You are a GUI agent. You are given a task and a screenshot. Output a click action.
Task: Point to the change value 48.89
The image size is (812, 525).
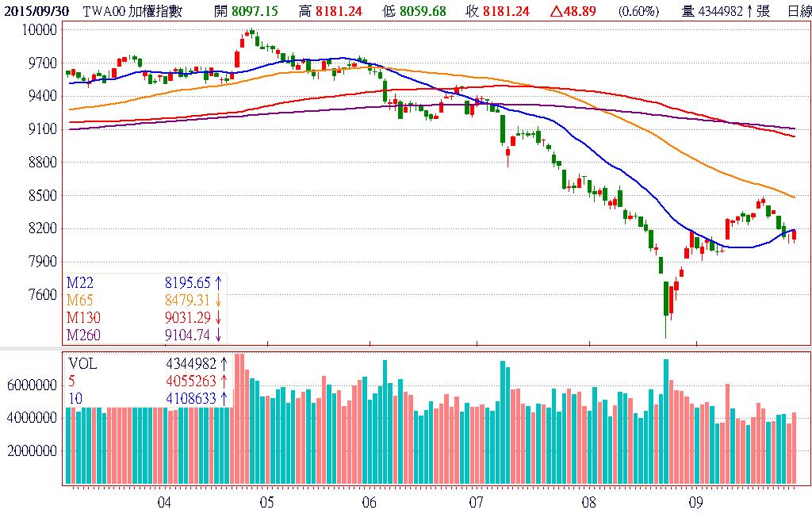click(x=592, y=11)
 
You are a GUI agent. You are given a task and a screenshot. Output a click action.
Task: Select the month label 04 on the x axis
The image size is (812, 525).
click(x=164, y=503)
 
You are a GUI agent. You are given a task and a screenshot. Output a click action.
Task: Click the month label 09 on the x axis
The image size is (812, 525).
click(x=696, y=503)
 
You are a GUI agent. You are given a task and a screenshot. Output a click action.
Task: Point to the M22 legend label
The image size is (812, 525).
click(x=80, y=282)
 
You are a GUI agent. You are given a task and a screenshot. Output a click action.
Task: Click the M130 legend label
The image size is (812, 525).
click(x=83, y=317)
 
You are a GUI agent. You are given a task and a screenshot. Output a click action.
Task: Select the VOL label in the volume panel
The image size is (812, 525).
click(x=82, y=363)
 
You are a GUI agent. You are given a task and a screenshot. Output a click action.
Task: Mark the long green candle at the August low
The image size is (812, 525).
click(x=665, y=299)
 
